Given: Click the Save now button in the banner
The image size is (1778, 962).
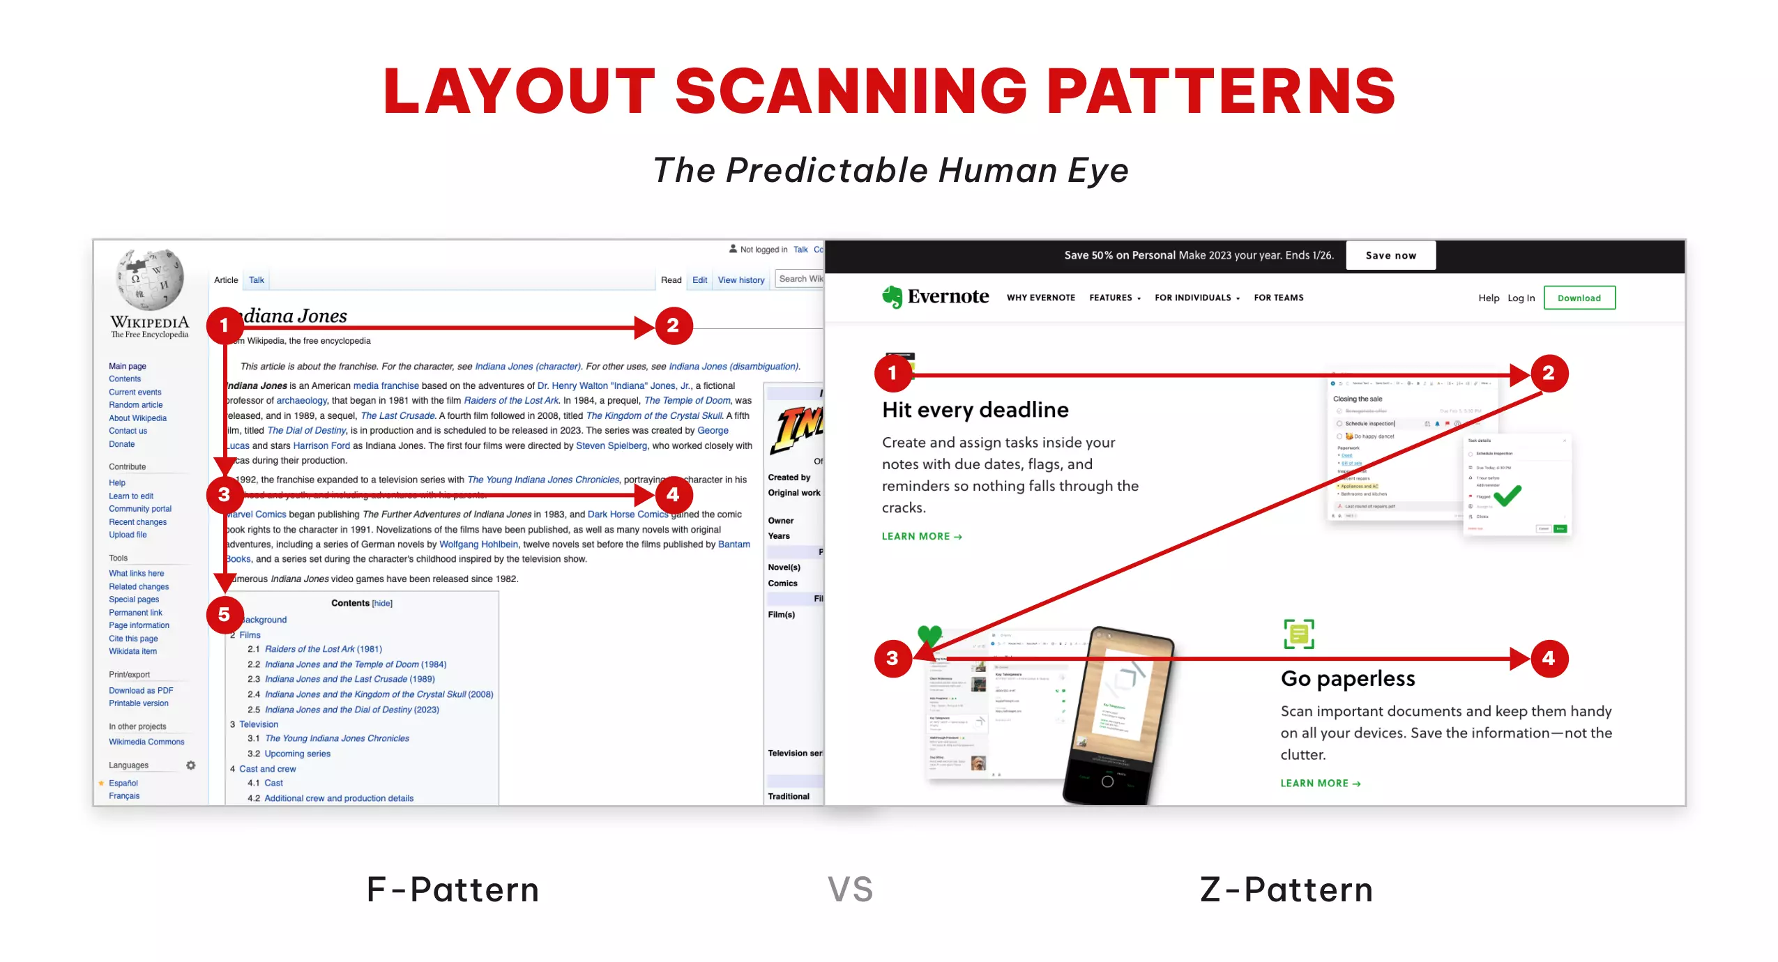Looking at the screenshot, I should (x=1390, y=255).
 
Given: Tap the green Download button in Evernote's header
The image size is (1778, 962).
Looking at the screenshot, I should (x=1579, y=298).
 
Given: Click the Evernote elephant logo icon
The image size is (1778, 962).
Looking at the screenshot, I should (x=892, y=297).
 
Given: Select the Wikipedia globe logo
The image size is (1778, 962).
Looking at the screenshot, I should (x=151, y=280).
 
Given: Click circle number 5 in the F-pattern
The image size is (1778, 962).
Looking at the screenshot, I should (x=224, y=614).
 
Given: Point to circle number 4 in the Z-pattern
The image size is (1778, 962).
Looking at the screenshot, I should (x=1549, y=658).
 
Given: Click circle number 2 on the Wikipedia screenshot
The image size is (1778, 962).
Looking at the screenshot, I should (x=673, y=326).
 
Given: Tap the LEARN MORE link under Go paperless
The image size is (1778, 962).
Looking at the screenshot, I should (x=1320, y=783).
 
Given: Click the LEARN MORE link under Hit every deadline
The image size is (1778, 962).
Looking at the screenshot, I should (x=921, y=536).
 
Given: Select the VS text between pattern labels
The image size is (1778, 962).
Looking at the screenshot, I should (x=850, y=890).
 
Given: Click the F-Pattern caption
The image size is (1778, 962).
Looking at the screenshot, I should (x=453, y=890).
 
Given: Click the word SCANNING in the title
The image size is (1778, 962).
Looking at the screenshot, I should (x=851, y=91).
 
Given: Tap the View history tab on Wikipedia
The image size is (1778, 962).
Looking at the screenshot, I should (x=740, y=280).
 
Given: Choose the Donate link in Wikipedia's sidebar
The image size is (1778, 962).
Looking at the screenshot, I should (x=121, y=444).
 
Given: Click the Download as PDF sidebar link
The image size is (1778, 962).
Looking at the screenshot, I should (x=141, y=690).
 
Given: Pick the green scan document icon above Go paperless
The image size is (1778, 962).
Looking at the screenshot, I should (x=1298, y=634).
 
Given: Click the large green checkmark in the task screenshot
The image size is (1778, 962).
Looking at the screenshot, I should (x=1507, y=495).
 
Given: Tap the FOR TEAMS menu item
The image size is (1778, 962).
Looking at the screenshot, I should (x=1278, y=298).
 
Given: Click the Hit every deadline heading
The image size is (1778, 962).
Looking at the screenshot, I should (x=975, y=410).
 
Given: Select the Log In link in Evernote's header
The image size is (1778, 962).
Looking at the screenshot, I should (x=1521, y=298).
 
